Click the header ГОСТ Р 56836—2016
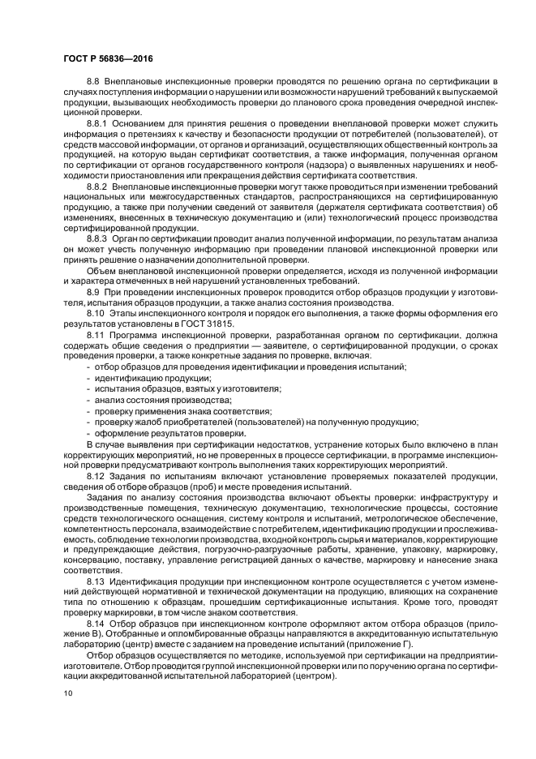point(107,59)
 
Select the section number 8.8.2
point(98,187)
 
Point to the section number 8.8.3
point(98,240)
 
